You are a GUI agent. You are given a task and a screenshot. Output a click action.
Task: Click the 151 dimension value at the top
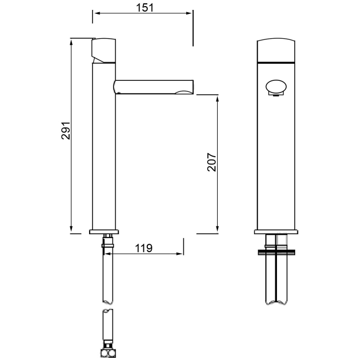tap(142, 7)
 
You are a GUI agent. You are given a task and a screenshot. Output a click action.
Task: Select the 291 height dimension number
tap(65, 131)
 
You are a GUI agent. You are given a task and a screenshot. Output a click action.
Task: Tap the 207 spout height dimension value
tap(211, 161)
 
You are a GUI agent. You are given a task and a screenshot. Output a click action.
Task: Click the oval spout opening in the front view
tap(276, 88)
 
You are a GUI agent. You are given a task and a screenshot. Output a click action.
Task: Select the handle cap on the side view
tap(104, 50)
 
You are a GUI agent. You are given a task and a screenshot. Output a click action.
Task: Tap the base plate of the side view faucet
tap(104, 231)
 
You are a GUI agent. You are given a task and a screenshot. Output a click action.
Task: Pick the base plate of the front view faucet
tap(276, 231)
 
